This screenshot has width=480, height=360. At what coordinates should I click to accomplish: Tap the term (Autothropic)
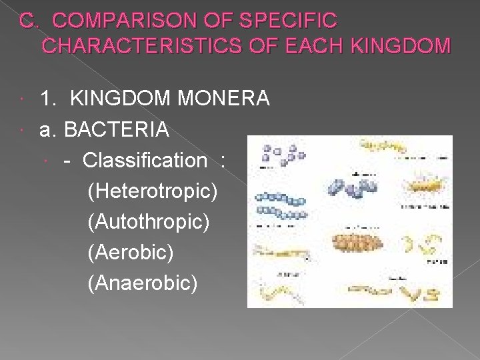tap(149, 222)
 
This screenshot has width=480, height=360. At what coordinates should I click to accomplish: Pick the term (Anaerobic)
tap(142, 283)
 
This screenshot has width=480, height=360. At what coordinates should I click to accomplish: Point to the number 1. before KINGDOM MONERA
tap(48, 99)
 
